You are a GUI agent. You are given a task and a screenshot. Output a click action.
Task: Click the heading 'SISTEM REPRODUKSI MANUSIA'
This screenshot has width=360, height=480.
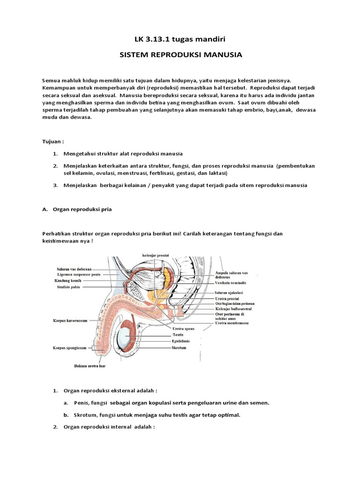pos(180,55)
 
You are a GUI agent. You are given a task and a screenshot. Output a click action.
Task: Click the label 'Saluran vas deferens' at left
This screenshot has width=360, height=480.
pos(75,269)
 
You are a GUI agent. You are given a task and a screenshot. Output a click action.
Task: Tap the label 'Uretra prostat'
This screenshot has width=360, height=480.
pos(228,298)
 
